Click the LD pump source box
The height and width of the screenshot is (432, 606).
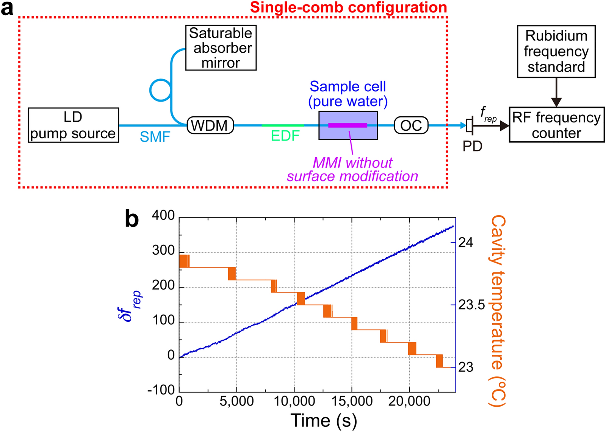73,125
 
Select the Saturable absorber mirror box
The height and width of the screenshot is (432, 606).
221,48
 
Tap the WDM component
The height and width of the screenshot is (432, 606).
210,125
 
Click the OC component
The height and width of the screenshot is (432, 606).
411,125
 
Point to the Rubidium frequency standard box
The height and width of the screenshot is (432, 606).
556,52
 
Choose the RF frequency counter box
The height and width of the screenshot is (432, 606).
556,125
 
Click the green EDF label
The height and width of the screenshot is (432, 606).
285,136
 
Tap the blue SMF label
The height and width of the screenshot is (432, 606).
155,137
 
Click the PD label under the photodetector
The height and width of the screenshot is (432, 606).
472,146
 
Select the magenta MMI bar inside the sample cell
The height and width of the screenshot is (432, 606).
348,125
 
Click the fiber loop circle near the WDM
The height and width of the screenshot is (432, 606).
161,90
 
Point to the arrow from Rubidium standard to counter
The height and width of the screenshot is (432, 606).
556,93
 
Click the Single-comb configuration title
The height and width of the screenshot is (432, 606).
348,8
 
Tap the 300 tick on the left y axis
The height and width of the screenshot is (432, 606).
163,250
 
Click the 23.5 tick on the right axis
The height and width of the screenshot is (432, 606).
471,305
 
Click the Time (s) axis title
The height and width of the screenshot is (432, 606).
323,421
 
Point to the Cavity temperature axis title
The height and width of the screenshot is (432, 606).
498,311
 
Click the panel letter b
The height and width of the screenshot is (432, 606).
132,219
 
